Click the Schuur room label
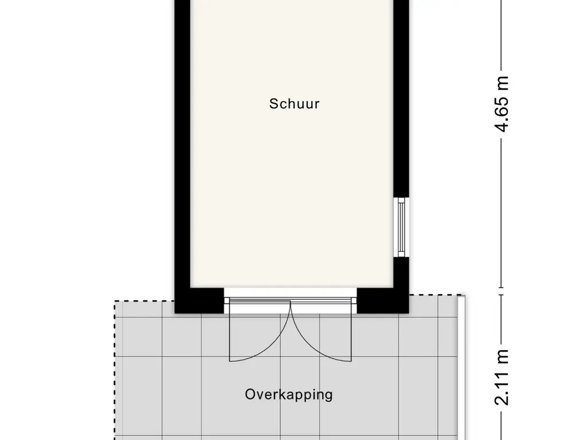pos(294,104)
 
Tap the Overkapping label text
pos(289,395)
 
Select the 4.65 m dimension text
pos(502,104)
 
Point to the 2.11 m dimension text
pos(502,377)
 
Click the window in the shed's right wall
pos(401,227)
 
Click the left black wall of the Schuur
pos(183,150)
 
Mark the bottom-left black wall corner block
pos(199,300)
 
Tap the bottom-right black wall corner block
pos(382,300)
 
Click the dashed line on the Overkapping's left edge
pos(114,371)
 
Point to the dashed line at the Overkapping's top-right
pos(435,295)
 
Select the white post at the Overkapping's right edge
pos(461,367)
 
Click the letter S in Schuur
pos(273,104)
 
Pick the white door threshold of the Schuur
pos(291,293)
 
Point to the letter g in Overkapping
pos(328,396)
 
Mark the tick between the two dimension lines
pos(502,291)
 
